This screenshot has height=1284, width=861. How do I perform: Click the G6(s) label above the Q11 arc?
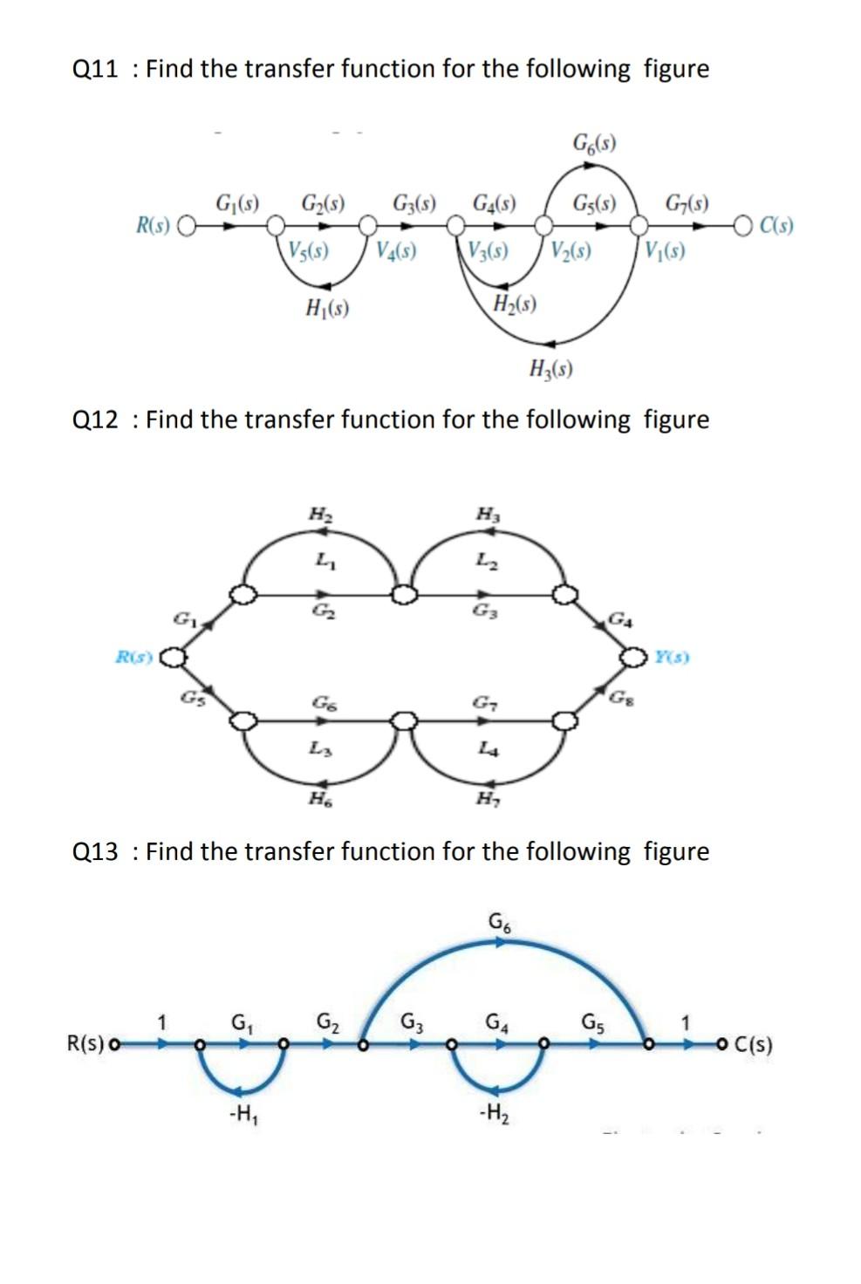click(594, 142)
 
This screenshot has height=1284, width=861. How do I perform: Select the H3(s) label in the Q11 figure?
click(550, 369)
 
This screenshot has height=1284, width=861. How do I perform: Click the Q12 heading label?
click(95, 420)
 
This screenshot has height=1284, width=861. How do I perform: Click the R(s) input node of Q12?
click(175, 656)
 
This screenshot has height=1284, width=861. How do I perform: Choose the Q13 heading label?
click(95, 851)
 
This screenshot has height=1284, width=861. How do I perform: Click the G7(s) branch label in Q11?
click(687, 205)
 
